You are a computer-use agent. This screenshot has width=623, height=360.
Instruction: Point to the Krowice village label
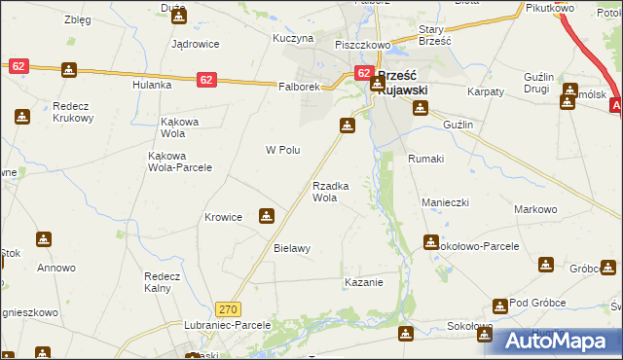point(223,217)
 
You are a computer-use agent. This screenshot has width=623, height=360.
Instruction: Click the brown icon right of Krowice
point(266,216)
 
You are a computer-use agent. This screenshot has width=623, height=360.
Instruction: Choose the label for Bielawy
point(292,248)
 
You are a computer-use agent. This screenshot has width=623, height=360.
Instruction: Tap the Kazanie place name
point(363,282)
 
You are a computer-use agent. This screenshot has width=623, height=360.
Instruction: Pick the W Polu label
point(282,150)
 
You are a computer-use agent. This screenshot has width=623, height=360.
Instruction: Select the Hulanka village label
point(152,85)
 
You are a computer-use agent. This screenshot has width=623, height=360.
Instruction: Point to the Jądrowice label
point(195,44)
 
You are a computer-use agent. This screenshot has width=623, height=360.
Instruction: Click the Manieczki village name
point(446,201)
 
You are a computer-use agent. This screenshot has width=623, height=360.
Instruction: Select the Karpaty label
point(485,90)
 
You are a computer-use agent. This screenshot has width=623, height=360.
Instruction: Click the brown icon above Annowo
point(44,239)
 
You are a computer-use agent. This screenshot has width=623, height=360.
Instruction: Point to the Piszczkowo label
point(362,45)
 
